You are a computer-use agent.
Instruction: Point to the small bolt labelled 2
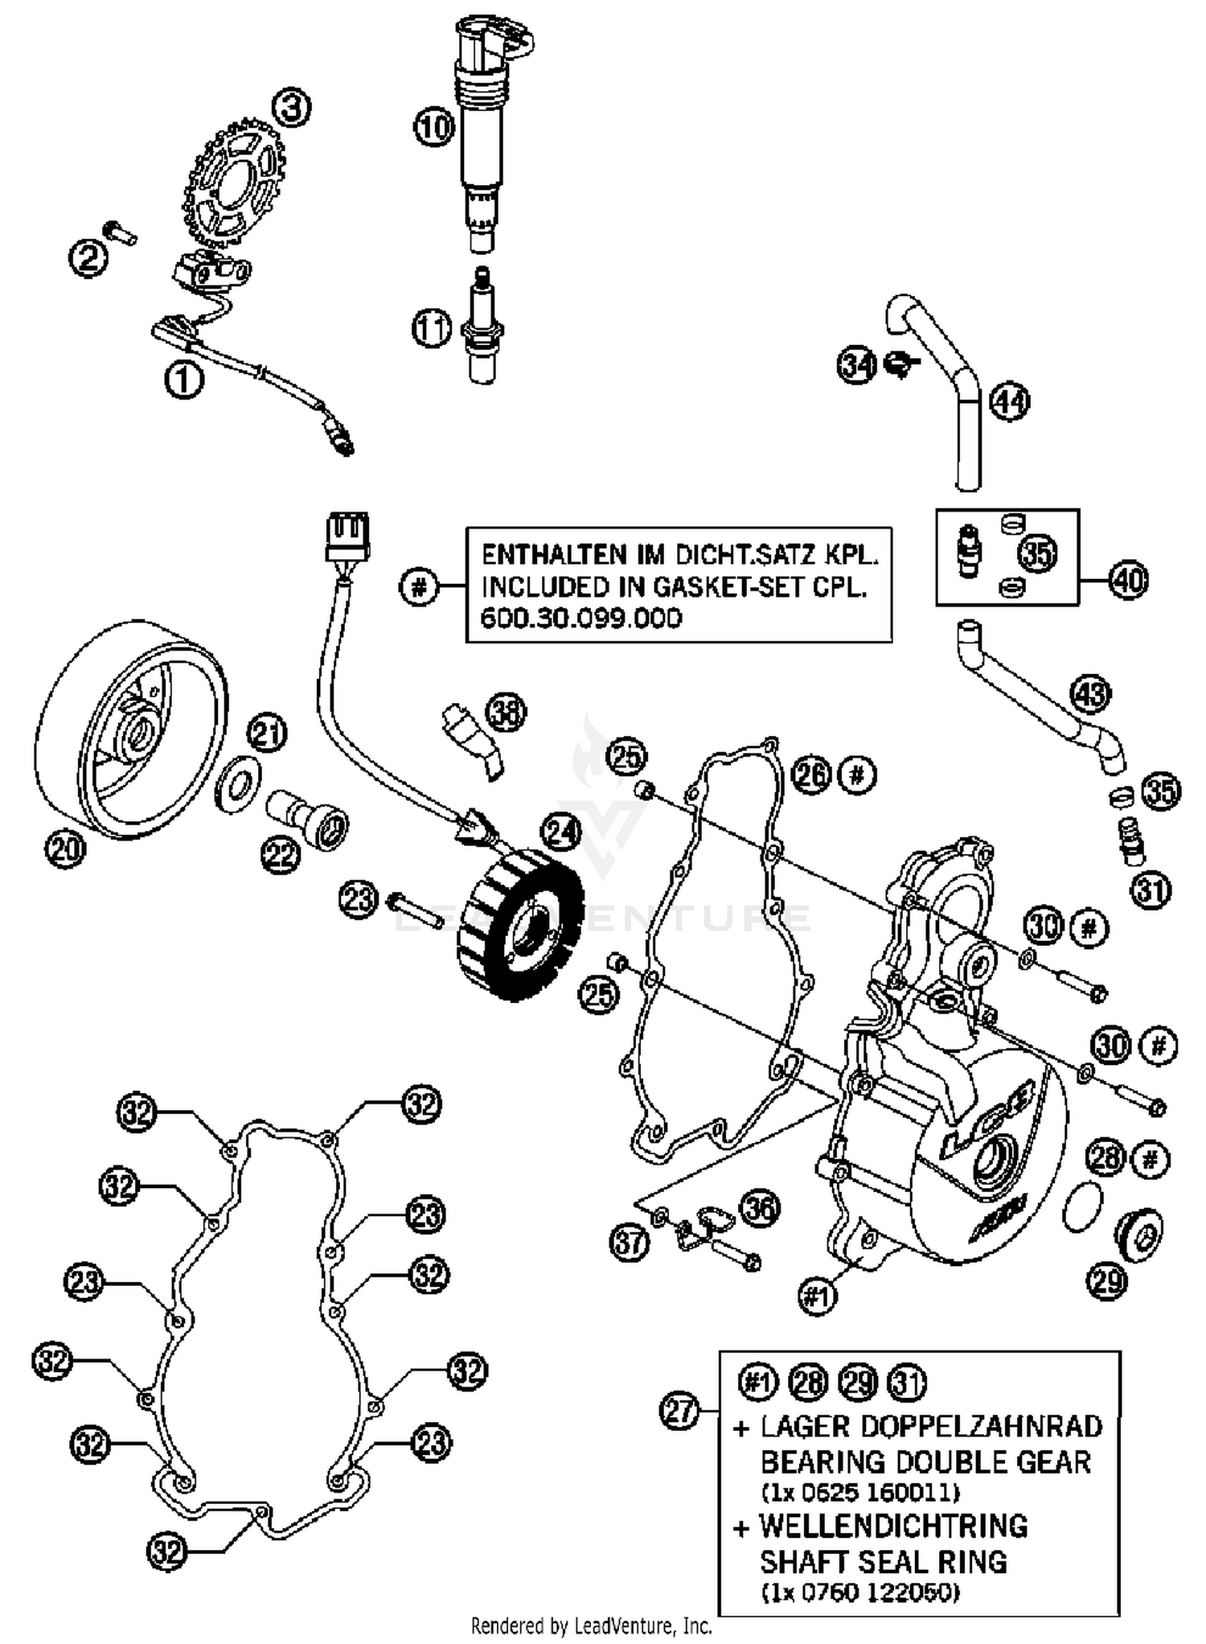(121, 232)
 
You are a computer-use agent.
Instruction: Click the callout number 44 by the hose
(1009, 401)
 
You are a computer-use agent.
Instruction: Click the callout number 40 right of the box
(1128, 579)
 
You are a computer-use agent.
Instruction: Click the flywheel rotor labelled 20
(129, 728)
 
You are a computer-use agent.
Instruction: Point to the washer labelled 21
(239, 779)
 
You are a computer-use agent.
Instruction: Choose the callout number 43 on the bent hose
(1090, 694)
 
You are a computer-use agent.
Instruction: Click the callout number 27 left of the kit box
(680, 1412)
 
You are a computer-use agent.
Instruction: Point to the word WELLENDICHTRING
(893, 1526)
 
